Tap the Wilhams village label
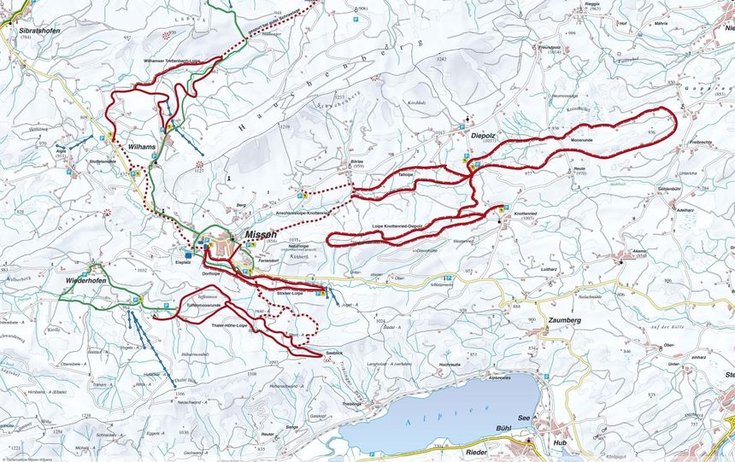coord(142,147)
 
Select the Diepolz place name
coord(485,134)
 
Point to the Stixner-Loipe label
coord(290,293)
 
